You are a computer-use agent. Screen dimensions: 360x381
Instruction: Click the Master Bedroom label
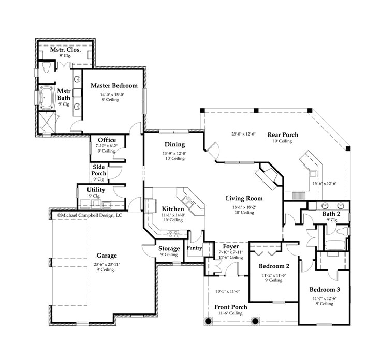[x=114, y=85]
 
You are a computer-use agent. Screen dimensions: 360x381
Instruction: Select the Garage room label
[x=107, y=256]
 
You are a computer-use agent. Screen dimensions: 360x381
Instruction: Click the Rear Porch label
[x=283, y=135]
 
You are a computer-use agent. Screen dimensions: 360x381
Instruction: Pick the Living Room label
[x=244, y=198]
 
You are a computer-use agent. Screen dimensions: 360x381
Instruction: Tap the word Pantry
[x=195, y=248]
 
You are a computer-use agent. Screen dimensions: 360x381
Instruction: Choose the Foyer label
[x=230, y=246]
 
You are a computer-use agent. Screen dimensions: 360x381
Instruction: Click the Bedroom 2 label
[x=274, y=266]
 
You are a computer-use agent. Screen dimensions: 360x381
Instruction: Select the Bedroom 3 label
[x=325, y=290]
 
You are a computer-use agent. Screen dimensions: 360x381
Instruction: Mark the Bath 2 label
[x=331, y=213]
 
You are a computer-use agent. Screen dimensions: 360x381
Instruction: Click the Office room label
[x=107, y=140]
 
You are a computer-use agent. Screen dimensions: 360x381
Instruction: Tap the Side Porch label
[x=99, y=170]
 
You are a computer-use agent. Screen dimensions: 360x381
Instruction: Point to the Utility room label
[x=96, y=190]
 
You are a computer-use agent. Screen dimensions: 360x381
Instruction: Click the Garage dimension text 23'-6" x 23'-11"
[x=107, y=265]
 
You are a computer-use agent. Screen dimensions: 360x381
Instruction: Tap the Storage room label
[x=169, y=249]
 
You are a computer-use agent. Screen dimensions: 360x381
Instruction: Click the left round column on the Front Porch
[x=209, y=321]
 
